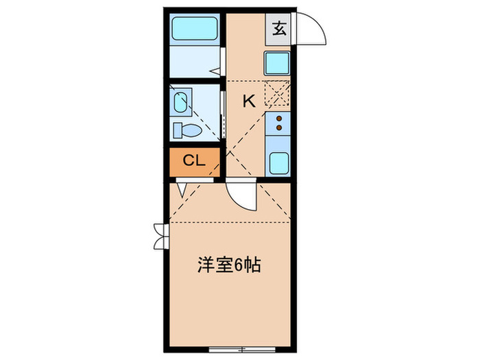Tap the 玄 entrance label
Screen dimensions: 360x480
click(279, 29)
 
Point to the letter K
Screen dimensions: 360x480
click(248, 101)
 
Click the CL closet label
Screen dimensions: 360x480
click(194, 162)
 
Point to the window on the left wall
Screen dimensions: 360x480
click(160, 237)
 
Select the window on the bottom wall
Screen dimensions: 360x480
click(232, 350)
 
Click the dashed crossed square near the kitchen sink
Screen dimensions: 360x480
click(277, 93)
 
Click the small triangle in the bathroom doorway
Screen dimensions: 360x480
click(214, 70)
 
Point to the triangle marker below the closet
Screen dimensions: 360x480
click(180, 189)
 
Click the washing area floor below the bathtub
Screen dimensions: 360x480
click(192, 63)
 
